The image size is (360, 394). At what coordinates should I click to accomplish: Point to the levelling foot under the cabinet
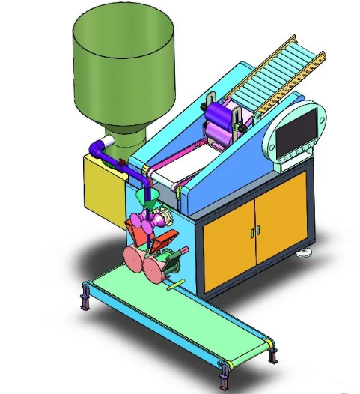point(305,252)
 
